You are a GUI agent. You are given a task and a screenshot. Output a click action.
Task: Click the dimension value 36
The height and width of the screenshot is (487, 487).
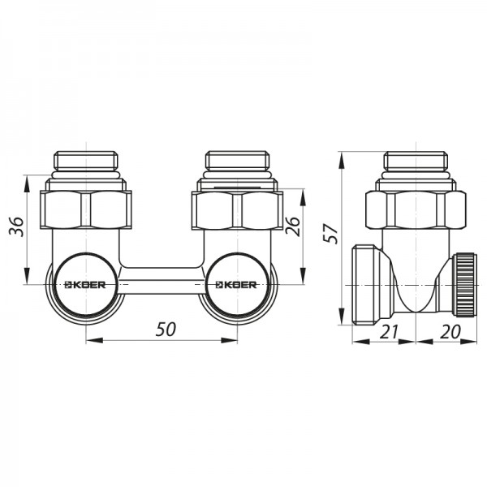pos(16,226)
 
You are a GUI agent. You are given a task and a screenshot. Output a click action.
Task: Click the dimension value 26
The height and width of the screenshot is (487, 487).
pos(293,226)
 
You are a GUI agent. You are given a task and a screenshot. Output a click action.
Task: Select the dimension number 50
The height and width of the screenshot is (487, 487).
pos(166,330)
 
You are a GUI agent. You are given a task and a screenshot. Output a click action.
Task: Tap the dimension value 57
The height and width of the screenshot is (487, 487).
pos(330,233)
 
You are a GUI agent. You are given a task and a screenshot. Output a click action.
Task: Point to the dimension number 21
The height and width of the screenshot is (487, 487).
pos(389,331)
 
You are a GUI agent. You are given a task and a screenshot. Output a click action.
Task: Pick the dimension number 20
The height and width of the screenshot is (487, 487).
pos(450,331)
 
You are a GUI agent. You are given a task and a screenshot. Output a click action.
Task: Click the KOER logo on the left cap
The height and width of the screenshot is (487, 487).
pos(84,285)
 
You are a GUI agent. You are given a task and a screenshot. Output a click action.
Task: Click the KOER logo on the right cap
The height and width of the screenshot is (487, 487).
pos(236,285)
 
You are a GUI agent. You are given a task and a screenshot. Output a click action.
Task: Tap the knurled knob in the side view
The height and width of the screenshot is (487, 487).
pos(464,285)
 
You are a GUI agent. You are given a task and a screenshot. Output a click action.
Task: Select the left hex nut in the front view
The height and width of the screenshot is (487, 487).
pos(86,210)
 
